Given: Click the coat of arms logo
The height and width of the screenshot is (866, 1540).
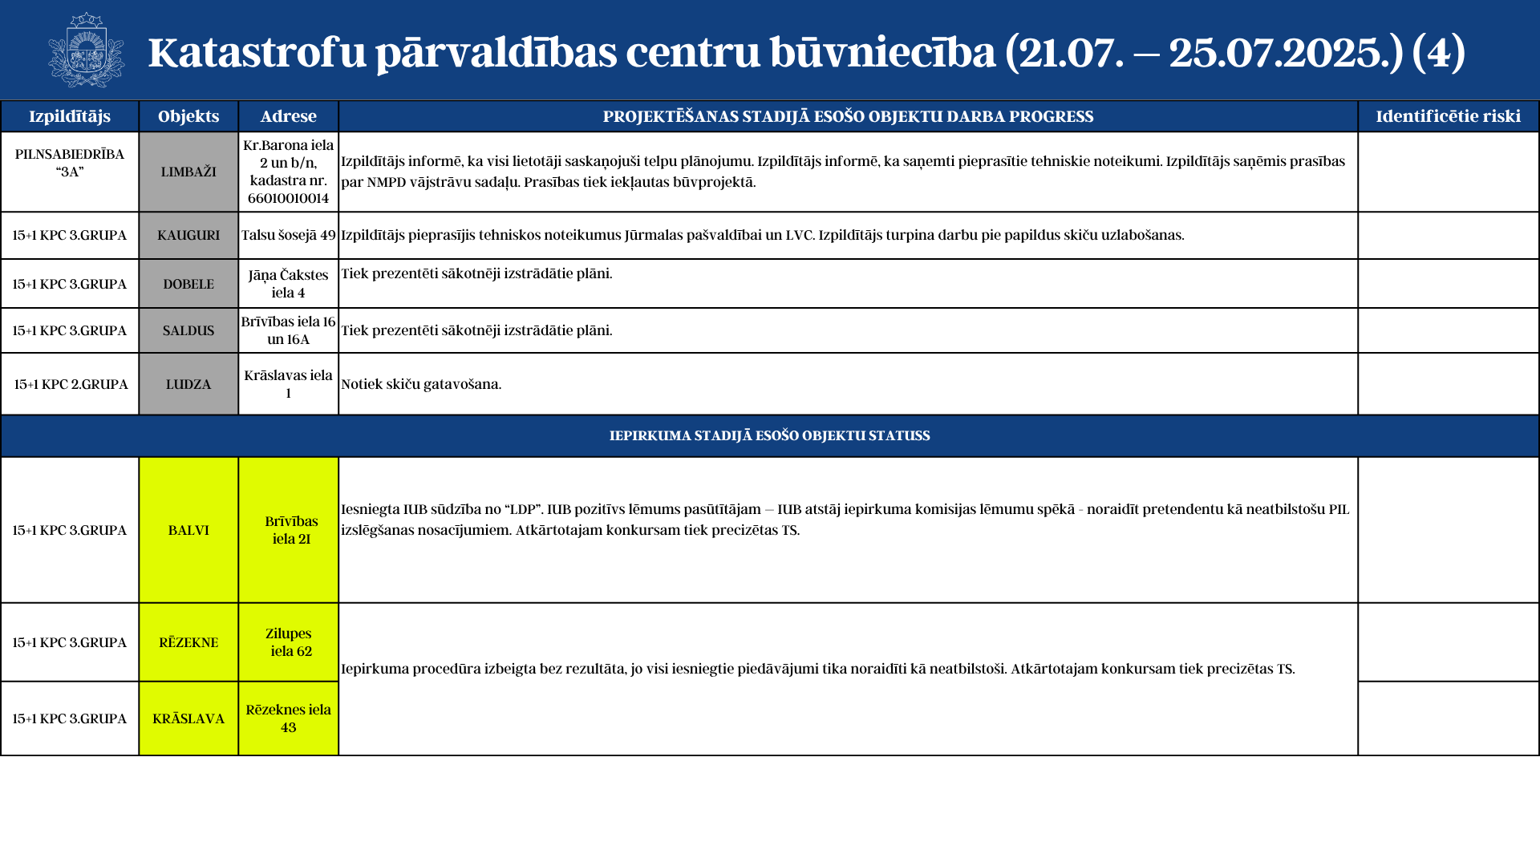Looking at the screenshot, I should coord(87,50).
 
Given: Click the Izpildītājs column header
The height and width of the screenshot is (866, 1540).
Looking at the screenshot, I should coord(70,116).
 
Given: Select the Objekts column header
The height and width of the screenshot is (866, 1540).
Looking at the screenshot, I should coord(188,116).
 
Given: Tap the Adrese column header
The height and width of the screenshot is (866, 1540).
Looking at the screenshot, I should coord(289,116).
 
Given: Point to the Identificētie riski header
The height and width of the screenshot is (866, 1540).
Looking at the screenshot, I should coord(1448,116).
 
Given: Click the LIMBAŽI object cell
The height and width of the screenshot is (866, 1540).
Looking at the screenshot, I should coord(188,172).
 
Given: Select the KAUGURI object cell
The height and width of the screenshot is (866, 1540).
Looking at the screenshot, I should coord(188,235).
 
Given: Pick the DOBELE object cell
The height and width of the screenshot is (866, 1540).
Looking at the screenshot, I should coord(188,284).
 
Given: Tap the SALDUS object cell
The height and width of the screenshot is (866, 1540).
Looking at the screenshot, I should coord(188,330).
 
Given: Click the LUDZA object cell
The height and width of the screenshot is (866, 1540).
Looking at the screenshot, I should coord(188,384).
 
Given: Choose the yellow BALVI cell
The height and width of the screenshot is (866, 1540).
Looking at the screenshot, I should coord(188,530).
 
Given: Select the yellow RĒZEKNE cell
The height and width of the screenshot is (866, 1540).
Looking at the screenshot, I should coord(188,642).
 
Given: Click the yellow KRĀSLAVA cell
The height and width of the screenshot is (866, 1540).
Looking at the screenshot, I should coord(188,718).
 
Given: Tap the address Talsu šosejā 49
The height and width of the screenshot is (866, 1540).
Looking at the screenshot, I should coord(289,235).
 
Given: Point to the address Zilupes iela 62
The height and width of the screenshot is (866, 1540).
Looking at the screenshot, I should coord(289,642).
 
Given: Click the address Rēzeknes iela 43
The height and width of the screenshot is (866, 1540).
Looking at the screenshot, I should coord(289,718).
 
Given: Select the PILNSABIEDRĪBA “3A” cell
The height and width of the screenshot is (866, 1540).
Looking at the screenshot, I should coord(70,163).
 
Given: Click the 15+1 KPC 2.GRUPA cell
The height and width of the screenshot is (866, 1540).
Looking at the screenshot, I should coord(71,384).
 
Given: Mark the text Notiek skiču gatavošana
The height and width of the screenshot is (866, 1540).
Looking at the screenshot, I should coord(421,384).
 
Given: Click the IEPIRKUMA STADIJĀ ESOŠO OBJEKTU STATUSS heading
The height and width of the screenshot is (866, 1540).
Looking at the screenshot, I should coord(770,436).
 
